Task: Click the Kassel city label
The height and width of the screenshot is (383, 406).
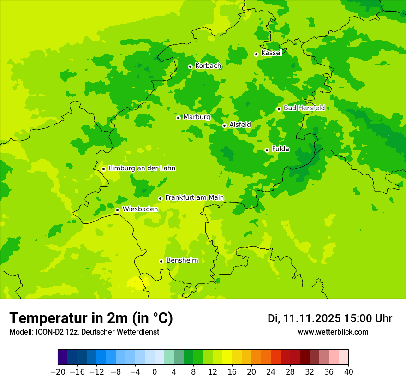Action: tap(271, 53)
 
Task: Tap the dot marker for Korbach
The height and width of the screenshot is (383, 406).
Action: tap(190, 66)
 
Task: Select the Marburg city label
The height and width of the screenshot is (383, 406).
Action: tap(197, 117)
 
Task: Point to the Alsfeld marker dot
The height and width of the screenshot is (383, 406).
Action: tap(224, 126)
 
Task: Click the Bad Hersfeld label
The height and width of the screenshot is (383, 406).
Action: tap(304, 108)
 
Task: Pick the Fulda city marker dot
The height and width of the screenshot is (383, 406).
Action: tap(267, 150)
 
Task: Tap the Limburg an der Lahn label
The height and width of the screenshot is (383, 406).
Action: tap(142, 168)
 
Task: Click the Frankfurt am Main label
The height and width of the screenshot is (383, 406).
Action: tap(194, 197)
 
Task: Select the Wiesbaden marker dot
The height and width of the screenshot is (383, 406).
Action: tap(118, 210)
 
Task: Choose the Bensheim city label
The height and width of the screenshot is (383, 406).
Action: tap(182, 260)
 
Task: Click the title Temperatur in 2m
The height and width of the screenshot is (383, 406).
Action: tap(91, 318)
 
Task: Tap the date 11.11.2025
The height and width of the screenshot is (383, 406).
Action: tap(311, 318)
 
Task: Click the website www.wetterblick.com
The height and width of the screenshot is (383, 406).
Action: tap(333, 332)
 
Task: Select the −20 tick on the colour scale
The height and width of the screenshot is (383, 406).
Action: tap(58, 372)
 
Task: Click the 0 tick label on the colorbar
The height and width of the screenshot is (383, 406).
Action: tap(155, 372)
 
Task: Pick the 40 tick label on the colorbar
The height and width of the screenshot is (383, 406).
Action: tap(348, 372)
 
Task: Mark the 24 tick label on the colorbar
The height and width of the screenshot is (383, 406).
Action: tap(271, 372)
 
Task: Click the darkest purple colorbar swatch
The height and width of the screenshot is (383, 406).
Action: tap(62, 357)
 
